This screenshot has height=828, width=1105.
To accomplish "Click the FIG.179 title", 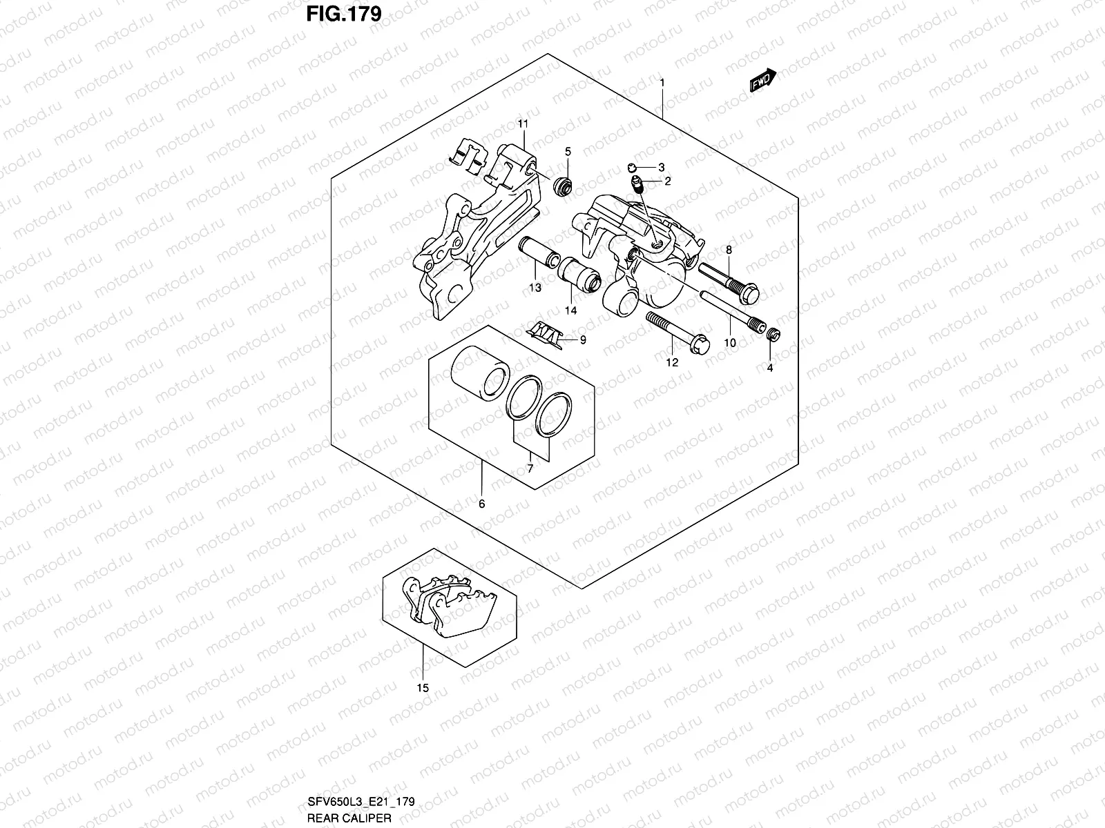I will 344,14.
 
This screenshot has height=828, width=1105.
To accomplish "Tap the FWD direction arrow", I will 762,81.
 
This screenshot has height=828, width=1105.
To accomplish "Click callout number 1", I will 662,82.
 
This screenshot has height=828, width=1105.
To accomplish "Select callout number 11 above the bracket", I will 523,124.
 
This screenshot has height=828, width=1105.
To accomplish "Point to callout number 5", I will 568,151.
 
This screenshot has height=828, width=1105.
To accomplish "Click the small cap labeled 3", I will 634,166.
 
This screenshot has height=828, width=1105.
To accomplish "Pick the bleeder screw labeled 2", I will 637,184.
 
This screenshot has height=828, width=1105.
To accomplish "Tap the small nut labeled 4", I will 774,335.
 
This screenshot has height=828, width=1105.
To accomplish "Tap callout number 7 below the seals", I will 530,469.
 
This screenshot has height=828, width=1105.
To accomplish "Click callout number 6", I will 481,504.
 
